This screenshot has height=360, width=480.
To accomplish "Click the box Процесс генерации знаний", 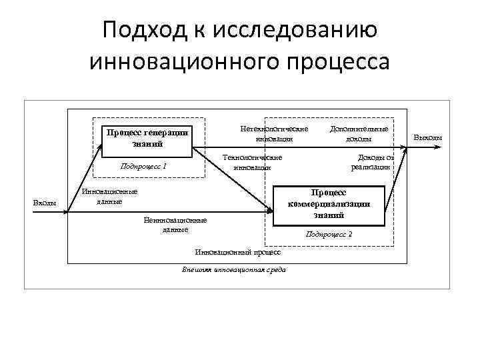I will click(147, 138).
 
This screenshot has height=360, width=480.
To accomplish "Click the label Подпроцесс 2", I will click(329, 234).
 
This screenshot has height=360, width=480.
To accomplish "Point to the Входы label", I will click(45, 203).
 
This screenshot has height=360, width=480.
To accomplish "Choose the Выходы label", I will click(428, 138).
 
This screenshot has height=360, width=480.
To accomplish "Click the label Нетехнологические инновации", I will click(273, 133).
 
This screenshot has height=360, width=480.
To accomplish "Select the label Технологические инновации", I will click(252, 162).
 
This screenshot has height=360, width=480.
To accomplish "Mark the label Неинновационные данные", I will click(175, 225).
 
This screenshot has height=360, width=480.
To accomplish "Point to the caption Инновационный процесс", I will click(237, 253).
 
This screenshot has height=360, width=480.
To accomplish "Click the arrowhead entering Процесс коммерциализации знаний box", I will click(271, 211).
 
